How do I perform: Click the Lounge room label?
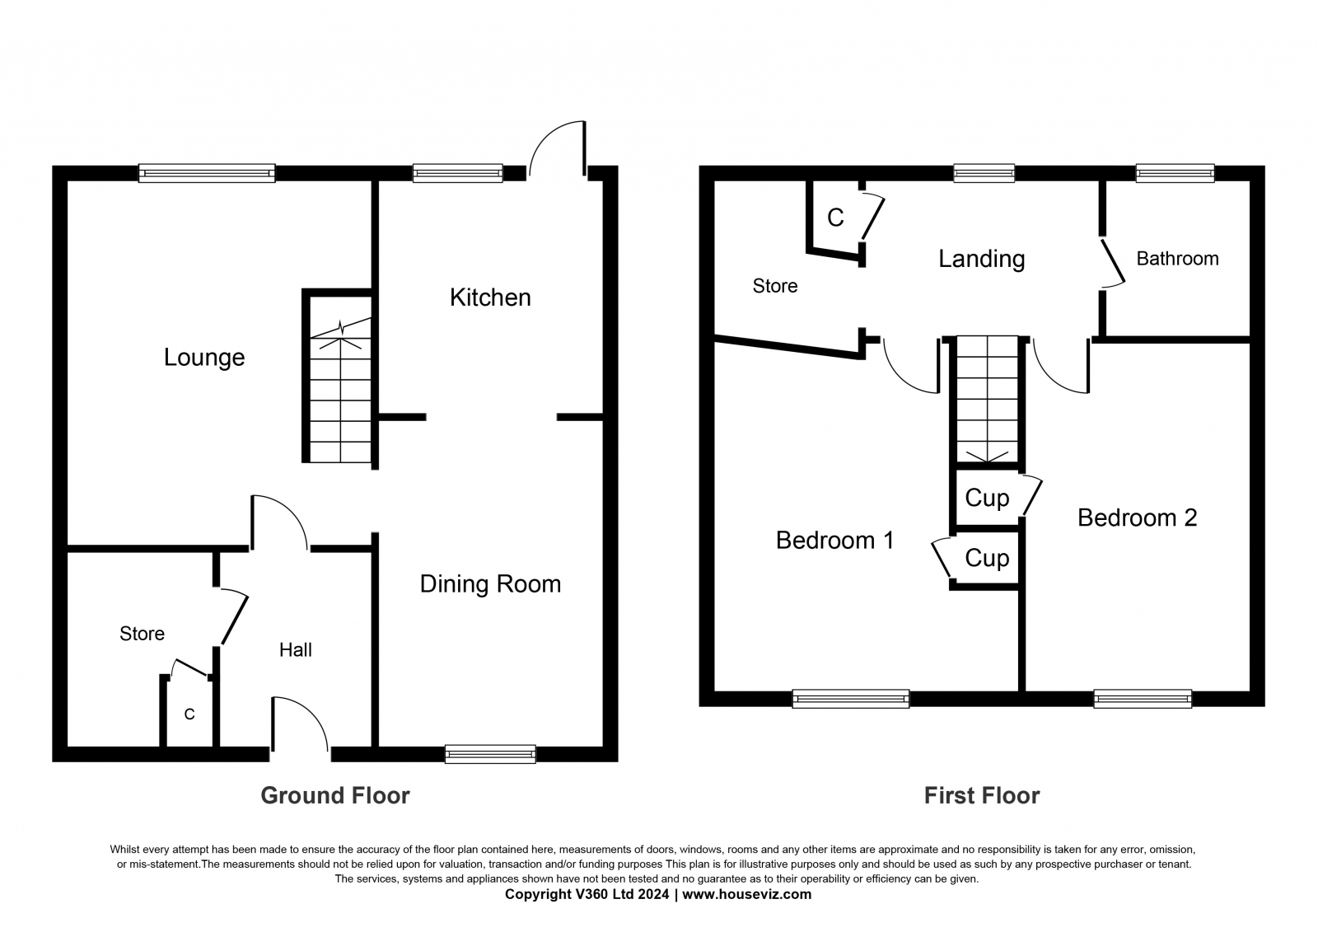coord(204,358)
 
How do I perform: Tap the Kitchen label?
coord(490,297)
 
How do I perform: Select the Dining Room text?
coord(490,584)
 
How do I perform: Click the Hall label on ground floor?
coord(295,650)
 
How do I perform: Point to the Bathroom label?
coord(1177,259)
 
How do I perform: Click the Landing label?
coord(981,259)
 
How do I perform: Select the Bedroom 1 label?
coord(834,541)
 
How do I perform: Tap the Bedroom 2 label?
coord(1137,518)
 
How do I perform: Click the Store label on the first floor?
coord(775,286)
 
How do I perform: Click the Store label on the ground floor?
coord(142,634)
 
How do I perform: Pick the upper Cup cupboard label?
coord(987,498)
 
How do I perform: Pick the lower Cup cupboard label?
coord(987,559)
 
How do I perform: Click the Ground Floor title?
coord(334,795)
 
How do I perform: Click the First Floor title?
coord(981,795)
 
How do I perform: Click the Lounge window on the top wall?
coord(206,172)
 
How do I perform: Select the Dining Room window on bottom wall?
coord(490,753)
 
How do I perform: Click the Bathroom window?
coord(1175,172)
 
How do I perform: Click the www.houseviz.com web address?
coord(746,894)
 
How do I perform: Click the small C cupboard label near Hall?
coord(189,714)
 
